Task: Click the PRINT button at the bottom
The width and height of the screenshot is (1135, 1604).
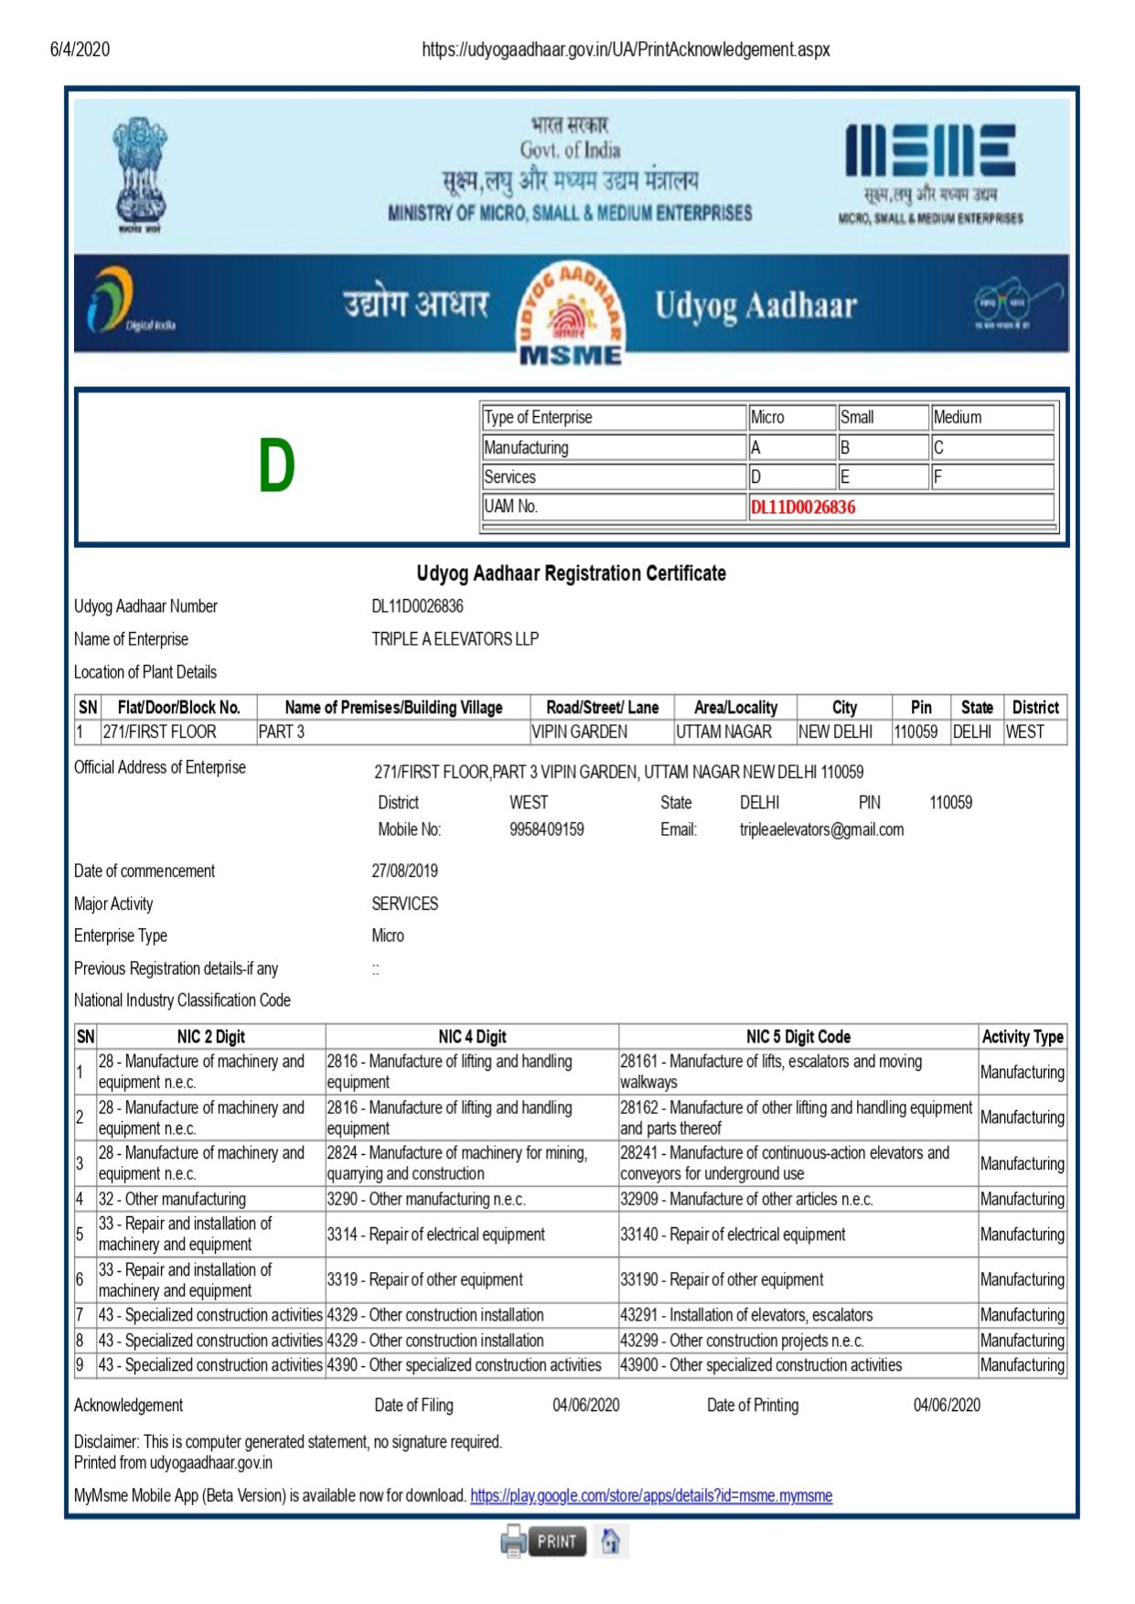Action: tap(556, 1541)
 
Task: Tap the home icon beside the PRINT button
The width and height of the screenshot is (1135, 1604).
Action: tap(610, 1541)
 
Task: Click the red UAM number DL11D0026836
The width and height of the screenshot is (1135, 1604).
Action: tap(803, 508)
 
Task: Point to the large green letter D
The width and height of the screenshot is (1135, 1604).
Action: tap(276, 465)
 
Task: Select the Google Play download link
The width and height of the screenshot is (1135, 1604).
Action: tap(651, 1495)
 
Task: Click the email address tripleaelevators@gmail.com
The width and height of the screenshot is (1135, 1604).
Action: tap(821, 829)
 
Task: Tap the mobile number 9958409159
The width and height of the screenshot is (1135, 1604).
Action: tap(546, 829)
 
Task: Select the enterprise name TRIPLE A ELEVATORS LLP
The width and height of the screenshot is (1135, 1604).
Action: tap(455, 639)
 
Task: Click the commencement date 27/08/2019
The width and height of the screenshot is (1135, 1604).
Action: tap(404, 871)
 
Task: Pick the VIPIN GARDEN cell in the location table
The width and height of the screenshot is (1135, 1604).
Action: tap(580, 732)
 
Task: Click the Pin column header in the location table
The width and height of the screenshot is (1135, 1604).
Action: tap(921, 707)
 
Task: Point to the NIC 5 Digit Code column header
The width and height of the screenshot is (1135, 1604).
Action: tap(798, 1036)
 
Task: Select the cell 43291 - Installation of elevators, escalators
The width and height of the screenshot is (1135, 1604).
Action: tap(746, 1315)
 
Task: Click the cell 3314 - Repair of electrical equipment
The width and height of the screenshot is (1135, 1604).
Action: tap(436, 1235)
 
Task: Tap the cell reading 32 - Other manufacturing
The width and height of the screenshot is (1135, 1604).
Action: tap(172, 1199)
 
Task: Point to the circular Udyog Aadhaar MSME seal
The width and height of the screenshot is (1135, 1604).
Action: tap(571, 314)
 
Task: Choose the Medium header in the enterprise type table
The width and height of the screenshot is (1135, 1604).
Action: tap(958, 417)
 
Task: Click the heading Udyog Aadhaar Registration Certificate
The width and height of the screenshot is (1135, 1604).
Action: tap(571, 573)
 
